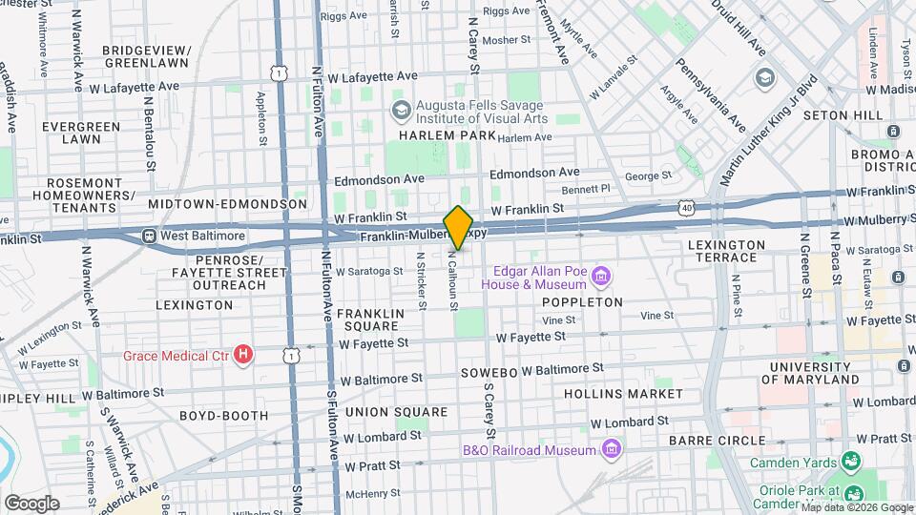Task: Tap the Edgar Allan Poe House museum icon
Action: click(x=600, y=278)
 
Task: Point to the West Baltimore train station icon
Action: click(x=149, y=236)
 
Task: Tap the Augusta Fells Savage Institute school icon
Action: click(x=401, y=112)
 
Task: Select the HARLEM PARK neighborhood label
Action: click(x=447, y=136)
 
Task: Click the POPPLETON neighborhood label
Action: click(x=582, y=302)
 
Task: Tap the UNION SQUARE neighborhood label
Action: click(x=396, y=412)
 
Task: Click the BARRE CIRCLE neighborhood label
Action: click(x=718, y=440)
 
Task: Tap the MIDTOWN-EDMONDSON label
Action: click(x=227, y=204)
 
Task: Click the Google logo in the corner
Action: click(x=31, y=503)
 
